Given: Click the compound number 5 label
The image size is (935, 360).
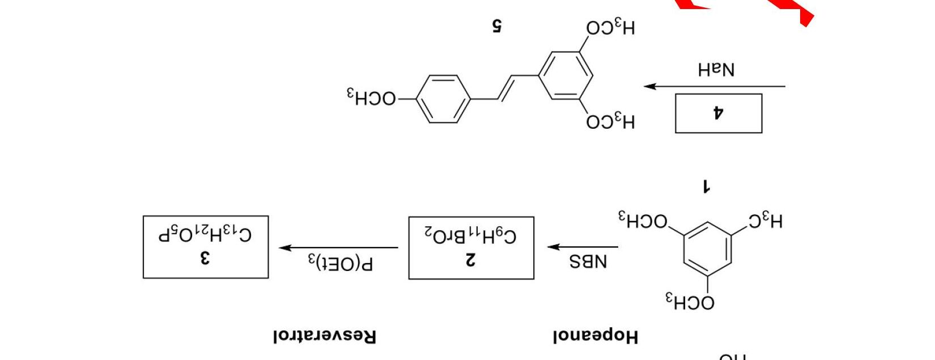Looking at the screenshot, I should pyautogui.click(x=497, y=26).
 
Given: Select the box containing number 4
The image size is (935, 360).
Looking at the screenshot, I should pyautogui.click(x=718, y=113).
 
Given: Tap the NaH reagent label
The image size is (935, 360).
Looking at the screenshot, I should pyautogui.click(x=716, y=70).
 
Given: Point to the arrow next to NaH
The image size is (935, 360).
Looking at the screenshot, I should pyautogui.click(x=714, y=87).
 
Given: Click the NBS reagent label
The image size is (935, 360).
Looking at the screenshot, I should pyautogui.click(x=588, y=262).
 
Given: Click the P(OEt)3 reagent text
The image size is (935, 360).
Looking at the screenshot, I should pyautogui.click(x=341, y=263).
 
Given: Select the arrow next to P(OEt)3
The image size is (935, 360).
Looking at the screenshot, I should pyautogui.click(x=339, y=248).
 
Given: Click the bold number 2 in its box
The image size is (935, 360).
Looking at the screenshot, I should pyautogui.click(x=470, y=260).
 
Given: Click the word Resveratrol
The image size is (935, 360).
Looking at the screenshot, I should pyautogui.click(x=324, y=336).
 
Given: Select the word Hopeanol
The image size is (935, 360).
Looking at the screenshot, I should pyautogui.click(x=596, y=336).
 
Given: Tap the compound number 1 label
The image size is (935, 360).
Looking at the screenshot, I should pyautogui.click(x=706, y=186).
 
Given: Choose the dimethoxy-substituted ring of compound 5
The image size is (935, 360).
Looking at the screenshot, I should pyautogui.click(x=566, y=75).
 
